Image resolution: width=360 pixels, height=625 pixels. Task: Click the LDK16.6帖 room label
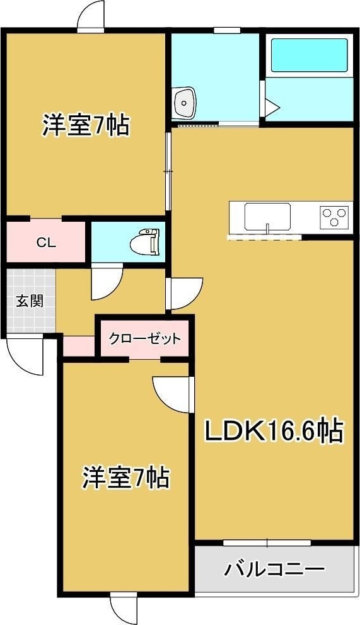(274, 432)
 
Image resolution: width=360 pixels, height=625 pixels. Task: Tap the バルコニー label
(274, 570)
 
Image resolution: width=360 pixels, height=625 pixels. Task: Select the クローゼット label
(144, 339)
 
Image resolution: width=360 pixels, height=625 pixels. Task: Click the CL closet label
(44, 242)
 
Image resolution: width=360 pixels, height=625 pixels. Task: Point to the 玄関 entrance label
(29, 301)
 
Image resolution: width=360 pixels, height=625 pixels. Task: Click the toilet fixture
(146, 240)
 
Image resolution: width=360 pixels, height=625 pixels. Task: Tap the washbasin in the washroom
(185, 101)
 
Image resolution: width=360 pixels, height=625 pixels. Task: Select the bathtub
(308, 56)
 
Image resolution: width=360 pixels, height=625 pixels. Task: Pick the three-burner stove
(335, 217)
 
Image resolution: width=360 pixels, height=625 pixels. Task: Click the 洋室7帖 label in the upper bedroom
(86, 125)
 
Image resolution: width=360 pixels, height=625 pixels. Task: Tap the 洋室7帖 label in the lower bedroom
(125, 478)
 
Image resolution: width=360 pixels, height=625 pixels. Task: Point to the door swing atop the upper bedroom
(90, 16)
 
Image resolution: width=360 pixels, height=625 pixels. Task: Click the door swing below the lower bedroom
(123, 607)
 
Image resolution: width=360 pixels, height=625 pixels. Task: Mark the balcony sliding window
(267, 542)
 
